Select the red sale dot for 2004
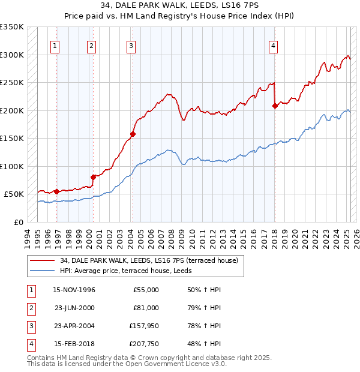[x=133, y=134]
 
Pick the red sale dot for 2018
[x=275, y=106]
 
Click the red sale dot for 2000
[x=94, y=177]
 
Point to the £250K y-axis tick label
[x=12, y=82]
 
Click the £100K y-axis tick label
[x=12, y=166]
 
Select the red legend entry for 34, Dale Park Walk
[x=149, y=260]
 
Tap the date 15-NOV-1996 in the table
[x=74, y=290]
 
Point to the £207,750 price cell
[x=144, y=344]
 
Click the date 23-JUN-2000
[x=74, y=308]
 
